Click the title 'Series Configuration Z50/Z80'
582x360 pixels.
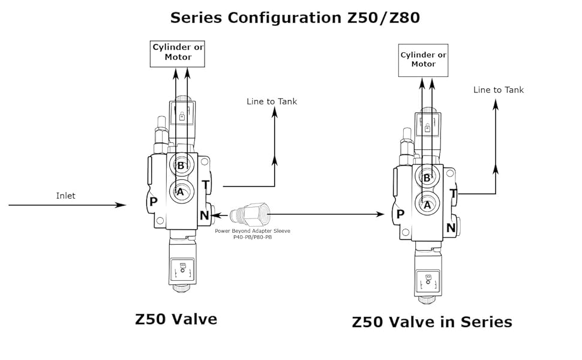pos(295,18)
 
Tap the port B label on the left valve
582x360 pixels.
pos(181,166)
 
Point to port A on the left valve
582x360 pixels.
pos(181,192)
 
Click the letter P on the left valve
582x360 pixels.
pos(153,202)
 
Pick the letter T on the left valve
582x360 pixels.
pos(206,184)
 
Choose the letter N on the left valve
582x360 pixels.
pos(205,215)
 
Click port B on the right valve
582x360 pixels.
pos(427,178)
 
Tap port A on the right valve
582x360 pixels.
pos(427,205)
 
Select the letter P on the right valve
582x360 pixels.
pos(400,214)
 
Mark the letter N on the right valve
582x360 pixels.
pos(451,228)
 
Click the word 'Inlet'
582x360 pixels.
pos(65,196)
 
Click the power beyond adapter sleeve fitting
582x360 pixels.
pos(250,215)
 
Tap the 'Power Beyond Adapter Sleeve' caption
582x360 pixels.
pos(253,234)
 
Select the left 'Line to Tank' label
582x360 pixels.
pos(272,101)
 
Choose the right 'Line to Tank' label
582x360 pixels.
pos(499,90)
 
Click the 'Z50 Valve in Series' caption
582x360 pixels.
pos(432,322)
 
